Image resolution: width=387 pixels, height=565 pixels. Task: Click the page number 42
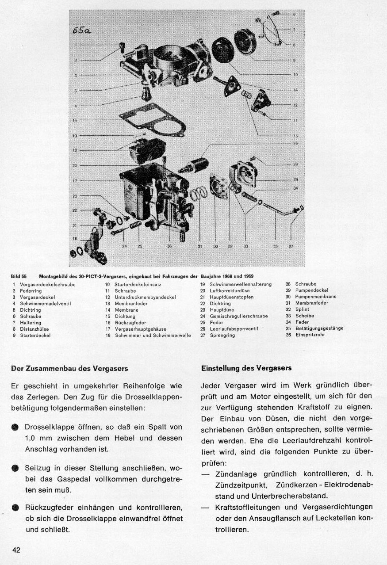pyautogui.click(x=16, y=550)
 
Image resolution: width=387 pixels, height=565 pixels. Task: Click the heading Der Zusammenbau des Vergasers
pyautogui.click(x=69, y=368)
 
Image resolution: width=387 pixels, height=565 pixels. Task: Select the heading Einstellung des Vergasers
pyautogui.click(x=246, y=368)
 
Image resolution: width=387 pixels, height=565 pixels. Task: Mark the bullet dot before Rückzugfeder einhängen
pyautogui.click(x=15, y=508)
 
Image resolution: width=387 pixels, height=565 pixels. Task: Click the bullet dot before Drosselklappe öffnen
pyautogui.click(x=15, y=428)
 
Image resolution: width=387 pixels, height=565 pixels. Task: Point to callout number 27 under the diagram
pyautogui.click(x=291, y=247)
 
